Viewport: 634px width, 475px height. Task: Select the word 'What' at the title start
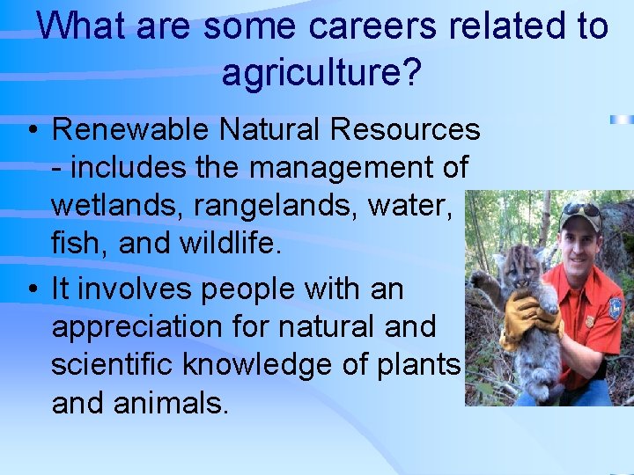point(77,26)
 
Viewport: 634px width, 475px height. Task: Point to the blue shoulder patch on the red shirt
point(614,308)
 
